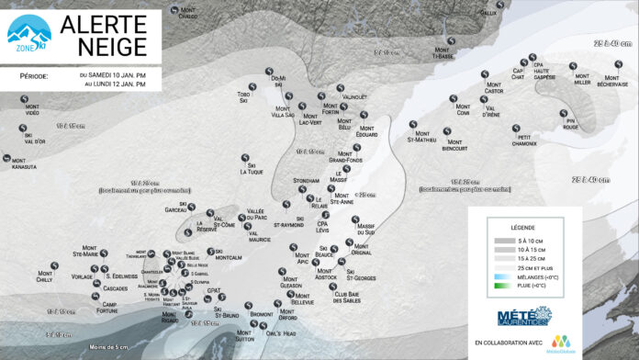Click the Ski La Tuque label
point(251,169)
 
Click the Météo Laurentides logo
point(523,318)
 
